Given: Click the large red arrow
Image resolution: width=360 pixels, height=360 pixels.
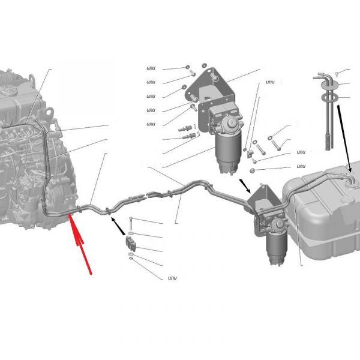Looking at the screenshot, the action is click(80, 243).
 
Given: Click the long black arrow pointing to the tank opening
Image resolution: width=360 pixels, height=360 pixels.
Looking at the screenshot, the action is click(344, 139).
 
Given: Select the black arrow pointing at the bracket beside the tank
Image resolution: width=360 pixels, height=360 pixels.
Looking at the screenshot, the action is click(245, 186).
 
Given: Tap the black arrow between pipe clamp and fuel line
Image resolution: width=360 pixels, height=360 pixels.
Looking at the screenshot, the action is click(118, 226).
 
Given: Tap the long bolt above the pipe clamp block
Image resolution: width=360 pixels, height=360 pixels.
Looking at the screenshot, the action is click(131, 223).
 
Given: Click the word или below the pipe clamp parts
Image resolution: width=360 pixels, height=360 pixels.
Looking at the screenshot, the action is click(172, 278).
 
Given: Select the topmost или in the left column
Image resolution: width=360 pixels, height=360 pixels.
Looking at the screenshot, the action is click(151, 68).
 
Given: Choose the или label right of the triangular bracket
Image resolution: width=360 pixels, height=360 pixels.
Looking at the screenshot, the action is click(270, 82).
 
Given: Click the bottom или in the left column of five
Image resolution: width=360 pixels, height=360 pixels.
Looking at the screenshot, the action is click(151, 124).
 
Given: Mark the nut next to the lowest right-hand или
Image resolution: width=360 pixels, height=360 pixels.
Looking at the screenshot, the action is click(252, 170).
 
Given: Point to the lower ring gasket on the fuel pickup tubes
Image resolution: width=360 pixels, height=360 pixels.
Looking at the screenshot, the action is click(329, 97).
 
